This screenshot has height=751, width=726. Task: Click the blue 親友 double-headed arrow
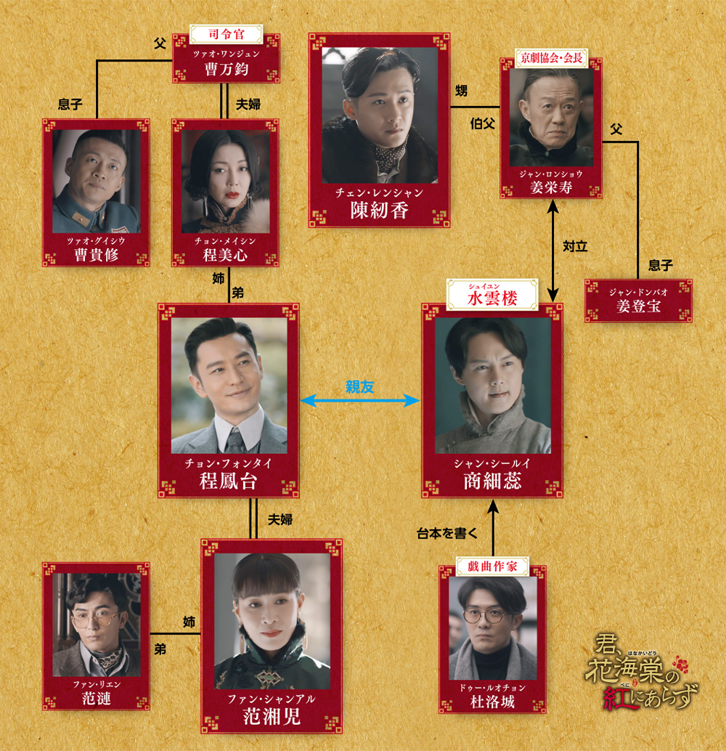click(x=359, y=400)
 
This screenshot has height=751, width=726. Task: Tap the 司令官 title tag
click(x=226, y=34)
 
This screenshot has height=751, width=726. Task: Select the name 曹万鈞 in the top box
click(x=226, y=70)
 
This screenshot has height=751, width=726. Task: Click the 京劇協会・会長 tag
click(x=551, y=58)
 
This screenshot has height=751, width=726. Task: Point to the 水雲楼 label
click(x=492, y=295)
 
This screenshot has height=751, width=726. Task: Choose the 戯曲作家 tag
click(x=492, y=566)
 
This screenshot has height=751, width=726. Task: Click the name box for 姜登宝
click(x=638, y=301)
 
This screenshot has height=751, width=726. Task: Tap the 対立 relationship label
click(x=575, y=246)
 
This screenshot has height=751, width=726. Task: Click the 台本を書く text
click(x=446, y=533)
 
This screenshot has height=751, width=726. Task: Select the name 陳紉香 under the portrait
click(x=379, y=210)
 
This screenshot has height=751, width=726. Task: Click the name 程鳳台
click(x=229, y=481)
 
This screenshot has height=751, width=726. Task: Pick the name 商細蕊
click(x=492, y=481)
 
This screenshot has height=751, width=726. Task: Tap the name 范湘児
click(x=272, y=717)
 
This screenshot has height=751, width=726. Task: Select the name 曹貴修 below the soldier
click(x=96, y=255)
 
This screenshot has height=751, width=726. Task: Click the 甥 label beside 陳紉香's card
click(x=461, y=91)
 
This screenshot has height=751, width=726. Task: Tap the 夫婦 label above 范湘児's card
click(x=280, y=519)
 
